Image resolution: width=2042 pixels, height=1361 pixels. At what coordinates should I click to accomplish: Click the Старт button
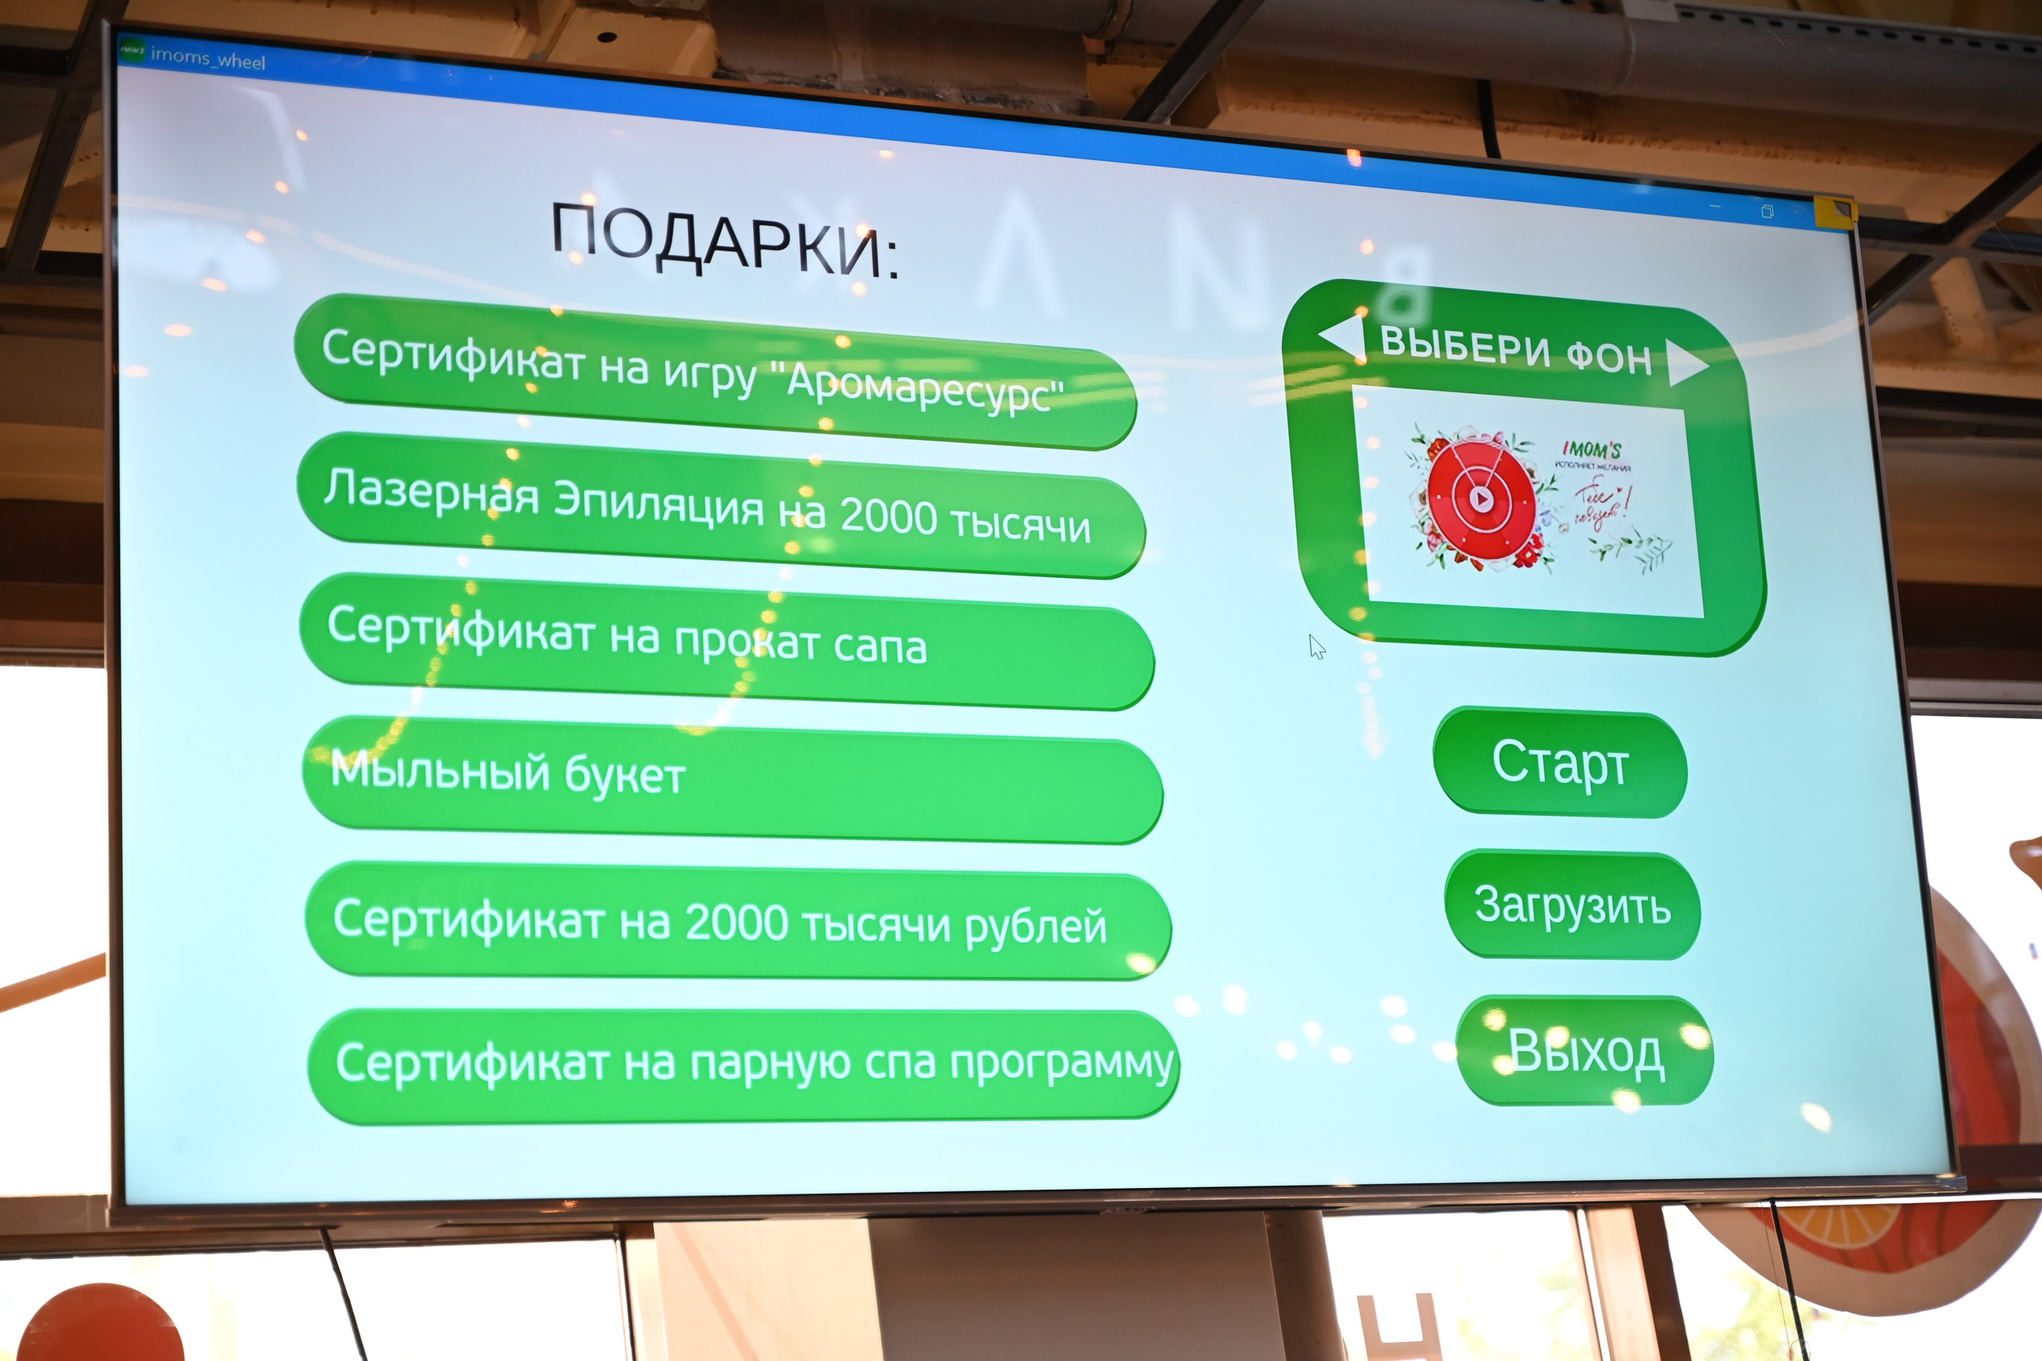(1559, 763)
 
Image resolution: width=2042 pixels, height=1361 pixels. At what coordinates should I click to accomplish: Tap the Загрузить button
(1571, 905)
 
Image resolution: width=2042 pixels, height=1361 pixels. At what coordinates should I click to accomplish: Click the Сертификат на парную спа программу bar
(743, 1064)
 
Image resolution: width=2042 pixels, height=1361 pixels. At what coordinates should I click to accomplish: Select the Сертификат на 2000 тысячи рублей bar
(737, 922)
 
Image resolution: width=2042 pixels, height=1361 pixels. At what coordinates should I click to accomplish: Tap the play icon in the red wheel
(1482, 499)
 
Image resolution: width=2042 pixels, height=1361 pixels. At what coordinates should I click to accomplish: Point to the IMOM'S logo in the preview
(1591, 450)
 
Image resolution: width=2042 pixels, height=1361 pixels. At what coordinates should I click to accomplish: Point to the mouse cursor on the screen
(1316, 646)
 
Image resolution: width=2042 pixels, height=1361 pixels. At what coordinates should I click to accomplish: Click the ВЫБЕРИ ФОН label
(1515, 350)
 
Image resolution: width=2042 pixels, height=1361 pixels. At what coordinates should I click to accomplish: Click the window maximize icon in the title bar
(1767, 211)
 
